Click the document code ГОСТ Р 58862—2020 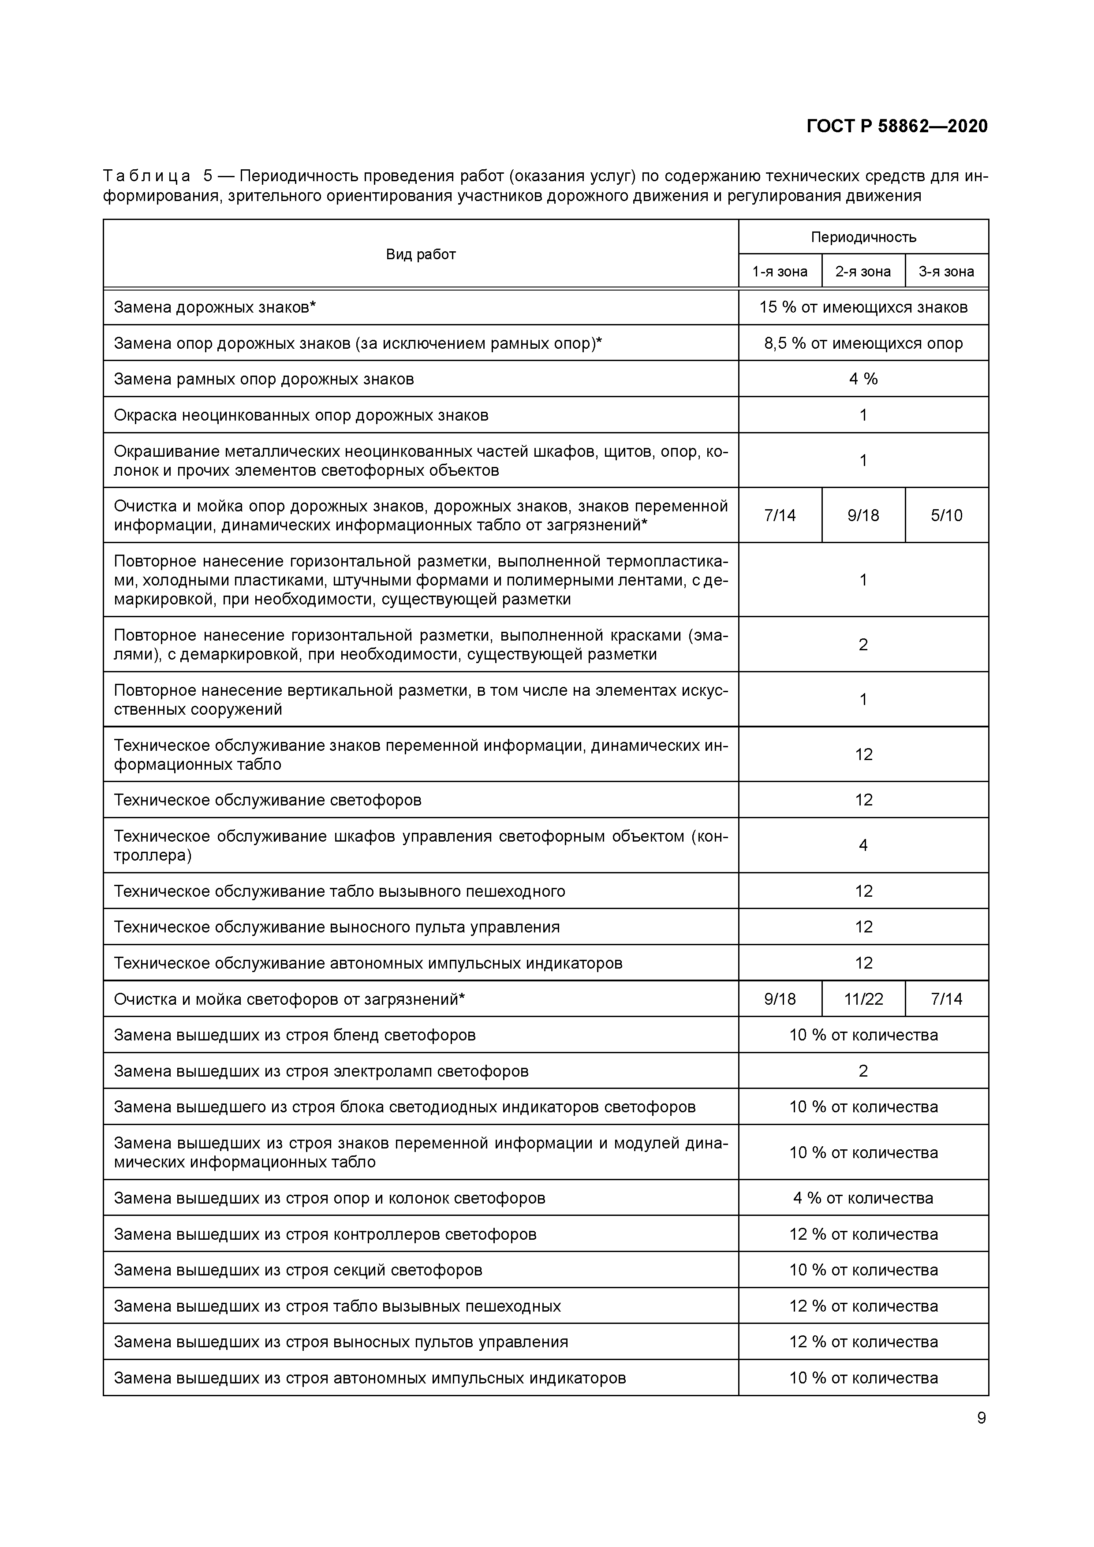[896, 127]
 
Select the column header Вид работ [421, 254]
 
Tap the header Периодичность [863, 237]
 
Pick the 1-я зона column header [780, 272]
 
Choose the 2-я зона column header [863, 272]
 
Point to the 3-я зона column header [946, 272]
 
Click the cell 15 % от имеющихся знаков [863, 307]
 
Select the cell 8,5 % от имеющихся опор [863, 343]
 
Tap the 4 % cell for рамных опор [863, 379]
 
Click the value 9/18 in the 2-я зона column [863, 515]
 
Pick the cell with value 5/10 [946, 515]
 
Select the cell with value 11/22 [863, 999]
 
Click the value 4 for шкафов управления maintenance [863, 845]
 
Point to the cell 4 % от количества [863, 1198]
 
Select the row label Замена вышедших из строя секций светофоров [298, 1270]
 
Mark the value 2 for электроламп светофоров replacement [863, 1071]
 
